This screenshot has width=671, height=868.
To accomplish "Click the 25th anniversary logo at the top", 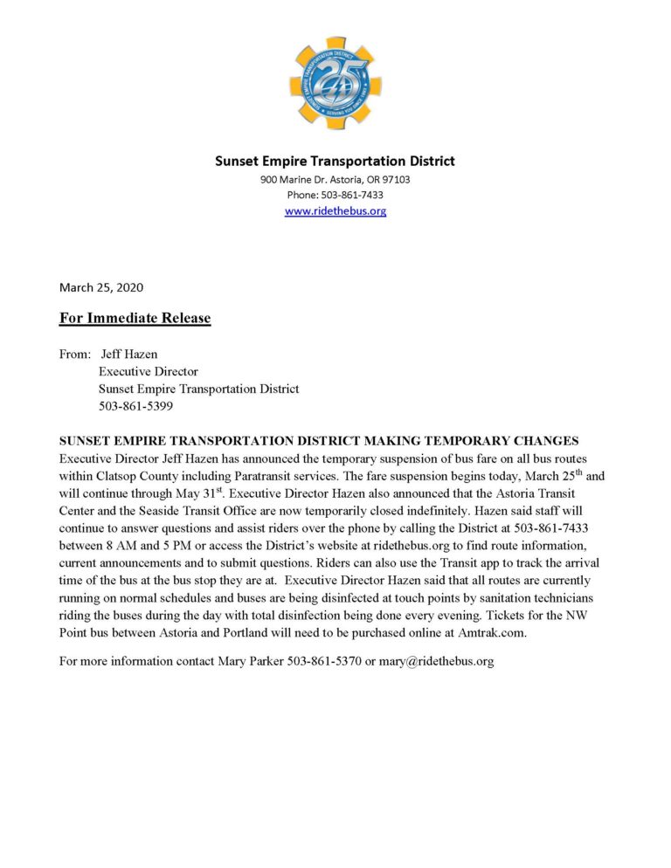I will pyautogui.click(x=335, y=83).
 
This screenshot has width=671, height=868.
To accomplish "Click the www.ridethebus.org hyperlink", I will pyautogui.click(x=335, y=211).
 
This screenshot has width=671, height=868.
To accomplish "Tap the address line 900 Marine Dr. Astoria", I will pyautogui.click(x=335, y=180).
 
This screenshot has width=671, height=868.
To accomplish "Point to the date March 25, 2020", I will pyautogui.click(x=100, y=287).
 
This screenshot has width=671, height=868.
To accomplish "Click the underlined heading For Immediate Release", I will pyautogui.click(x=135, y=318).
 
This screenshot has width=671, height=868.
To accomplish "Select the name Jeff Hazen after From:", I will pyautogui.click(x=129, y=355).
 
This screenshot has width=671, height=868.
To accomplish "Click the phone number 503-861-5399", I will pyautogui.click(x=135, y=406).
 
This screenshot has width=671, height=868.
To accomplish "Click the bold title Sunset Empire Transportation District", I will pyautogui.click(x=335, y=161).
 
